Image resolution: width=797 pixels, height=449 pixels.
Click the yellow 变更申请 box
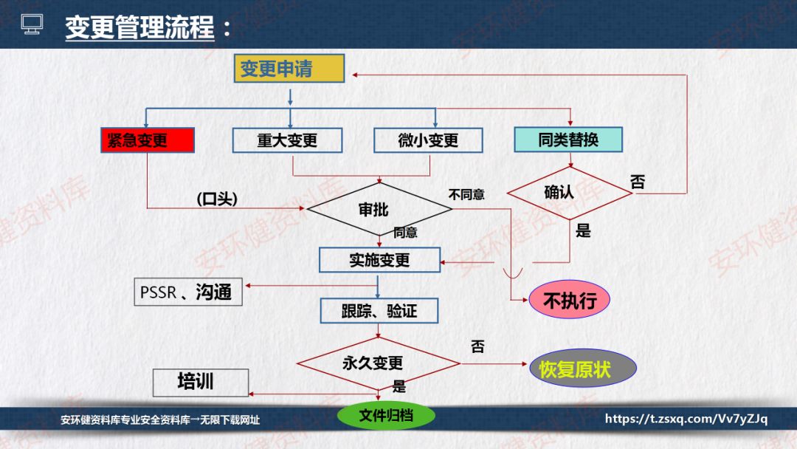(x=289, y=69)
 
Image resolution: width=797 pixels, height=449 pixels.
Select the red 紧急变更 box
(x=147, y=140)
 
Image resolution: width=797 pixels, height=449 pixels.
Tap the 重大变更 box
(x=287, y=140)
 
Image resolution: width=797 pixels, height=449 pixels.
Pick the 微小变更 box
(x=428, y=140)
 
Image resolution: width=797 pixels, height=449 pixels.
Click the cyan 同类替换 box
(x=568, y=139)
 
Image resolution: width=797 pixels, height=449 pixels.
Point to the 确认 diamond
(x=569, y=193)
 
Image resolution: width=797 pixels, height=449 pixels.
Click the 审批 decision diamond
(x=379, y=209)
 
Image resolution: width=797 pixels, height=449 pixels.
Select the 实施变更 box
(x=379, y=260)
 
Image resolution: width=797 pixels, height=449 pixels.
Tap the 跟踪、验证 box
(x=379, y=311)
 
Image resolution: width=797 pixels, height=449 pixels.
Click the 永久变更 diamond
(x=378, y=363)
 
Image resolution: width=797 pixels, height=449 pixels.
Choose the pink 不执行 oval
(x=570, y=301)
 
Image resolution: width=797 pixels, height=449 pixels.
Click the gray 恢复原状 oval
(x=583, y=369)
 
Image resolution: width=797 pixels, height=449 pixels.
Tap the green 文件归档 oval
(x=386, y=416)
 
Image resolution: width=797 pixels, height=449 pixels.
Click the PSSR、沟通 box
(x=188, y=292)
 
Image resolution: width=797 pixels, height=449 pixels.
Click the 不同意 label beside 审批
(x=466, y=195)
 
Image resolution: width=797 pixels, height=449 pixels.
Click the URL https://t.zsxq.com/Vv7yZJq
(x=686, y=419)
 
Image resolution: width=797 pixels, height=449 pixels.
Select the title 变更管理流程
(x=139, y=28)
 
